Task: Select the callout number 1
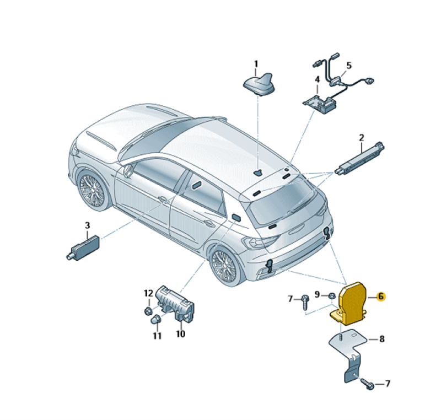tap(256, 64)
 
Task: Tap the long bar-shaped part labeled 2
tap(359, 159)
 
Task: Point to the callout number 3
tap(87, 225)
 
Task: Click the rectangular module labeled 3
tap(83, 247)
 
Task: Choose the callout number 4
tap(318, 79)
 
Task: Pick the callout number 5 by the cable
tap(349, 66)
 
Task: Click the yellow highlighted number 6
tap(381, 297)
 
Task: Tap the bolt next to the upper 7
tap(306, 301)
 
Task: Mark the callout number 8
tap(381, 339)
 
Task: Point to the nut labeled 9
tap(332, 296)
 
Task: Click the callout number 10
tap(181, 334)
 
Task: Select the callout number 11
tap(157, 336)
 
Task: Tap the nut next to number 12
tap(147, 311)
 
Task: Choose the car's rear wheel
tap(224, 266)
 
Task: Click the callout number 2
tap(362, 138)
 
